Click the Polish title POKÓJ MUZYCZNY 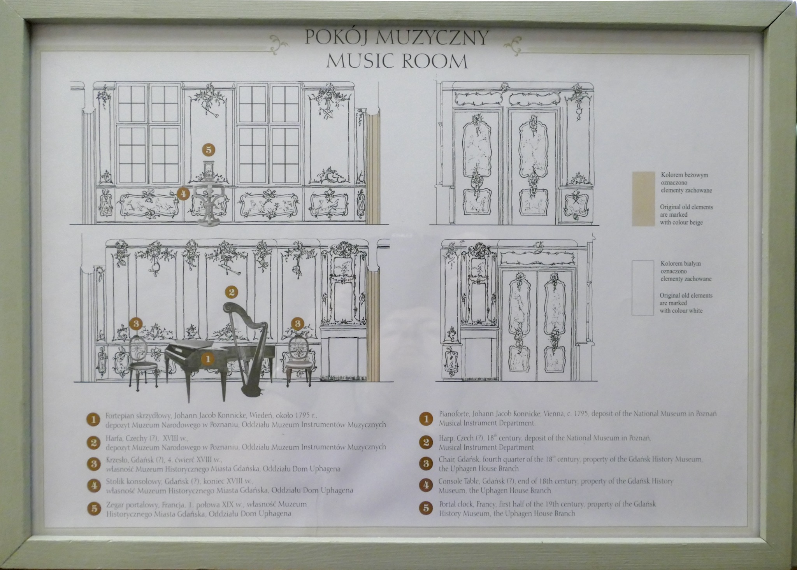[397, 38]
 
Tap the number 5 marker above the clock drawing [209, 150]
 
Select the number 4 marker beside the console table [183, 193]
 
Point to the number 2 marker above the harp [232, 291]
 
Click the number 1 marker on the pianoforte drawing [208, 358]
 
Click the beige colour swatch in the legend [644, 198]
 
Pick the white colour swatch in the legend [643, 288]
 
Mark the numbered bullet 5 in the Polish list [93, 508]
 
